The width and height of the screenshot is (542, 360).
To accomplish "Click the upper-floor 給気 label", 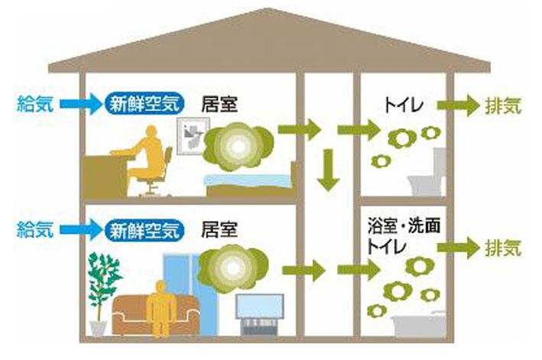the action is tap(35, 104).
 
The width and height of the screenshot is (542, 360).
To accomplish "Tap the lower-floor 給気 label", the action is tap(35, 229).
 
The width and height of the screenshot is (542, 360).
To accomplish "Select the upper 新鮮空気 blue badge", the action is tap(144, 103).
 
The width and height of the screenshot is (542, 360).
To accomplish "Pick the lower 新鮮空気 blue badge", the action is tap(144, 229).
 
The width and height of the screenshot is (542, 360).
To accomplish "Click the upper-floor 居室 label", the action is tap(219, 104).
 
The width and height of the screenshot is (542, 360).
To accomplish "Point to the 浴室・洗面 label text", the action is tap(404, 226).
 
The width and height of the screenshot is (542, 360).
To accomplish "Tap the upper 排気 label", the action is tap(503, 105).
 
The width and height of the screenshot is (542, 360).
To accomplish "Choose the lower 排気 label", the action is tap(503, 248).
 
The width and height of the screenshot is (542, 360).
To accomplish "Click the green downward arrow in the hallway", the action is tap(328, 170).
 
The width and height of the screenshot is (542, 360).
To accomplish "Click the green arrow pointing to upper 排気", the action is tap(459, 105).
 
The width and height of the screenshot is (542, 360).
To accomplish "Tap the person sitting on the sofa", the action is tap(161, 308).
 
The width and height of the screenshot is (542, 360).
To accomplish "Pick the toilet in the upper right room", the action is tap(427, 174).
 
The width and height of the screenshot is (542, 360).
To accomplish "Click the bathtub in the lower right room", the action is tap(419, 324).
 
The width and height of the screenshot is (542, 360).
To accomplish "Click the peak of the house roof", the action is tap(269, 8).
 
